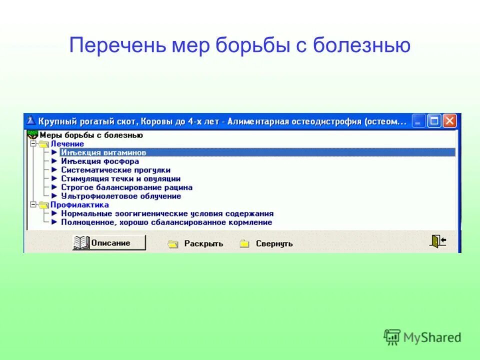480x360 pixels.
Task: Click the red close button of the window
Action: pos(449,121)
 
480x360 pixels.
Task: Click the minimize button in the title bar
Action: pos(419,121)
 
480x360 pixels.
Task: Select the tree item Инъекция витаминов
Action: pos(103,152)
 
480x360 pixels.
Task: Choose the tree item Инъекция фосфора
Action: pos(100,161)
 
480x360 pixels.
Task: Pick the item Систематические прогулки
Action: pos(115,170)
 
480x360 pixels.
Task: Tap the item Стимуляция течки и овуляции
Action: pos(120,178)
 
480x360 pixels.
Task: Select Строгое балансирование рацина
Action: pos(126,187)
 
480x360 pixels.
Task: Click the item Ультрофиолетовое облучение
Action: pos(121,196)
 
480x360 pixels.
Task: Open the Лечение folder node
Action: pos(67,144)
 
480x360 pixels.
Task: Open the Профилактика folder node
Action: pos(79,204)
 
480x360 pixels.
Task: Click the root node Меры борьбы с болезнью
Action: pos(91,135)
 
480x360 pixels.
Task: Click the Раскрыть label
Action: pos(203,243)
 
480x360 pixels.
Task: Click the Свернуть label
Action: pos(274,243)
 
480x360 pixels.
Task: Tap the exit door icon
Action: pos(437,241)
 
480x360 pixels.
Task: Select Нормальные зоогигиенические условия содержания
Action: pos(167,213)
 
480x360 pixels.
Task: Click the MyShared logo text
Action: pos(433,337)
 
